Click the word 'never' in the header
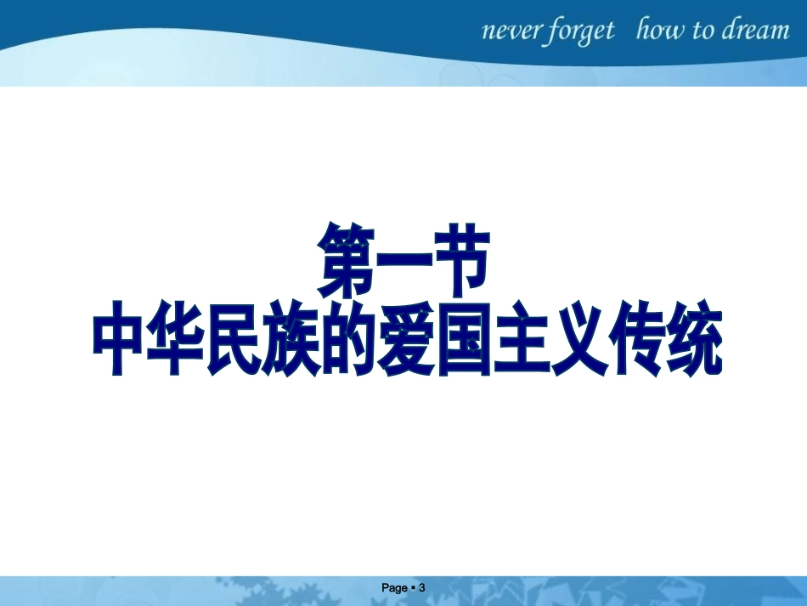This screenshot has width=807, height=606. (x=505, y=31)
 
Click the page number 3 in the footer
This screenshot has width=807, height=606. (x=421, y=587)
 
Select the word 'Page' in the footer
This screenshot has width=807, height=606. (x=394, y=588)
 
